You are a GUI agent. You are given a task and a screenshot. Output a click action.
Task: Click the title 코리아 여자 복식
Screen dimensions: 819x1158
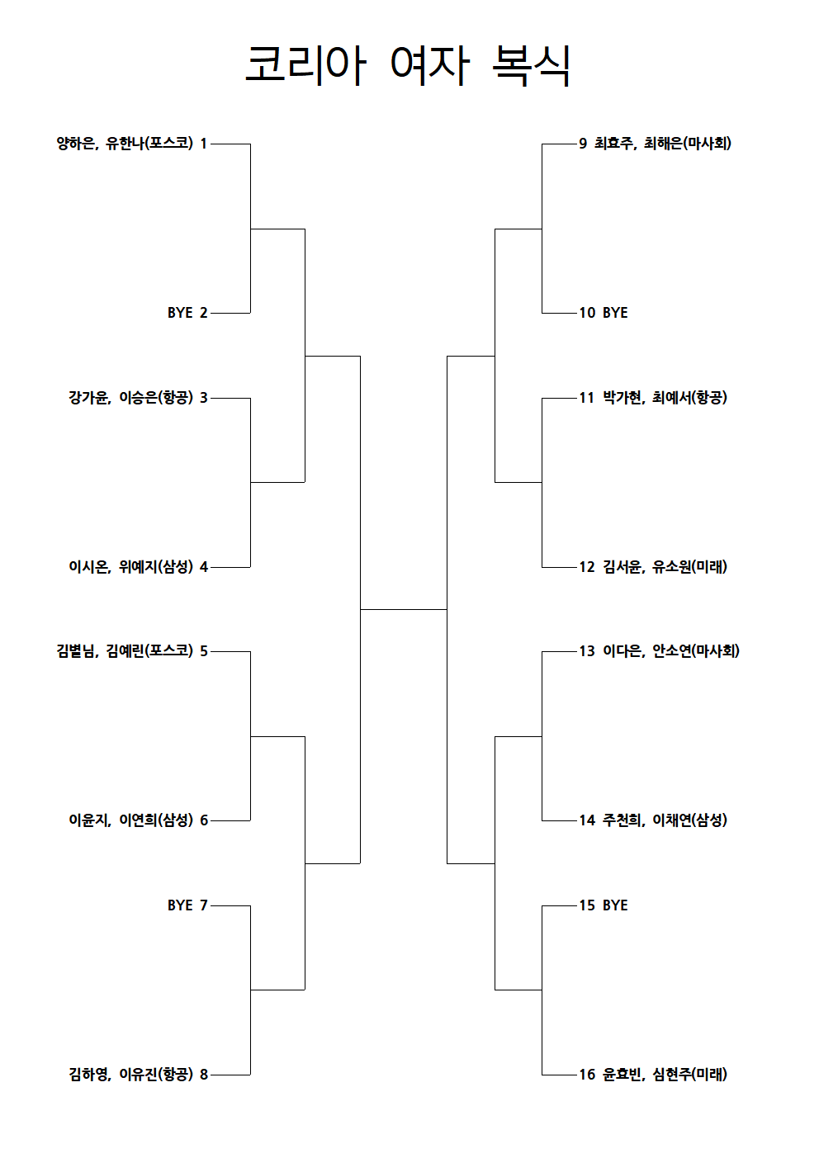pos(407,65)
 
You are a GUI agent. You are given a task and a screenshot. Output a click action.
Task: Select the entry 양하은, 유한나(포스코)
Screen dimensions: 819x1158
pos(125,143)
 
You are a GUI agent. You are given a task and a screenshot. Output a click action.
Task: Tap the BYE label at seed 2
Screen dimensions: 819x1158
pos(180,313)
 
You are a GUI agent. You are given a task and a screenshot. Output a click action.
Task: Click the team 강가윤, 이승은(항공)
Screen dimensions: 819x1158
pos(130,398)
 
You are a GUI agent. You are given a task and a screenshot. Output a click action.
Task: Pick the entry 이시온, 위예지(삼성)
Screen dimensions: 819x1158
pos(130,567)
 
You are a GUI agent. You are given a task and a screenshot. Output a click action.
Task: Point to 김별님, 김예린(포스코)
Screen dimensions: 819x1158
pos(125,651)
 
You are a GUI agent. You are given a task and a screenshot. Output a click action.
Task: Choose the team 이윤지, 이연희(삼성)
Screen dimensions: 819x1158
pos(130,820)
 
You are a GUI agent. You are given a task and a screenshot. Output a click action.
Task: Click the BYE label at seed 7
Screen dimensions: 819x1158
pos(180,905)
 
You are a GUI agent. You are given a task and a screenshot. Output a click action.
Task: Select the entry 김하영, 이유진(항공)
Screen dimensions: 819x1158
pos(130,1075)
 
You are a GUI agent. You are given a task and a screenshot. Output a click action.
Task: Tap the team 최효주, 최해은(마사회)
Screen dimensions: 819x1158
pos(663,143)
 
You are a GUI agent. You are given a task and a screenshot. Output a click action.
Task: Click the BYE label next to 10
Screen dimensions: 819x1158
pos(615,313)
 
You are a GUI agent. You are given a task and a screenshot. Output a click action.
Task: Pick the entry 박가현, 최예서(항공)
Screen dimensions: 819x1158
pos(665,398)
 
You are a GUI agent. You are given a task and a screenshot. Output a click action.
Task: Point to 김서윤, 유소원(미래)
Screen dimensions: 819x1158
pos(665,567)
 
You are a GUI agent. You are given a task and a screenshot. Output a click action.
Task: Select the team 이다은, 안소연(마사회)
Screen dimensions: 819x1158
pos(671,651)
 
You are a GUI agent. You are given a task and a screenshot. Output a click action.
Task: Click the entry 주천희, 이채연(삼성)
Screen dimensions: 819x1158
pos(665,820)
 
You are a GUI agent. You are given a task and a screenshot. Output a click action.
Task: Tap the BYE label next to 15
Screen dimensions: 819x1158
pos(615,905)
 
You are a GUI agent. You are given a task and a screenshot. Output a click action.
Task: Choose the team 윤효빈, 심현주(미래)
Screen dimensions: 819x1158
pos(665,1075)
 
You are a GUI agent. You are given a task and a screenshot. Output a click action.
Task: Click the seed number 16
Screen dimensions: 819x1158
pos(587,1075)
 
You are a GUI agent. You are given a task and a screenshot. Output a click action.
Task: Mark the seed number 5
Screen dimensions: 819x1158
pos(204,651)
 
